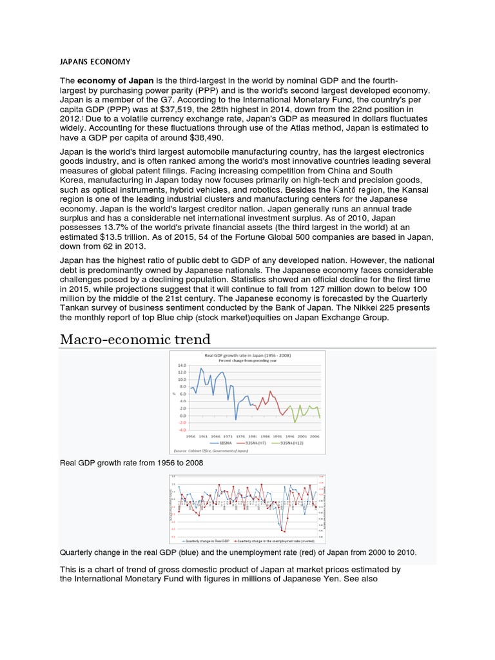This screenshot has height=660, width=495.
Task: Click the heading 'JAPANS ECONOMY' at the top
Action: (95, 62)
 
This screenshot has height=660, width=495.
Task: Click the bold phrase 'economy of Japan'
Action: (115, 81)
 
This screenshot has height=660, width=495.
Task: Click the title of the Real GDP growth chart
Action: (247, 355)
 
